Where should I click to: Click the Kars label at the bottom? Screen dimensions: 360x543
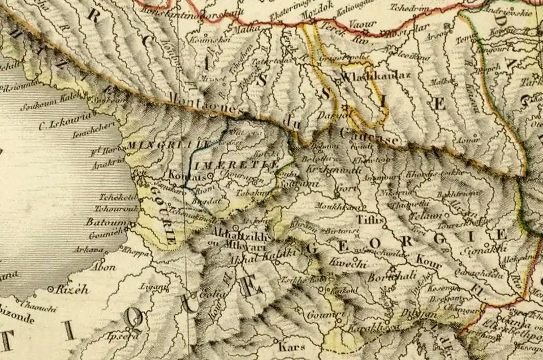point(292,346)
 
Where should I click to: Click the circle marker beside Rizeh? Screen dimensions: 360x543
point(51,289)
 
